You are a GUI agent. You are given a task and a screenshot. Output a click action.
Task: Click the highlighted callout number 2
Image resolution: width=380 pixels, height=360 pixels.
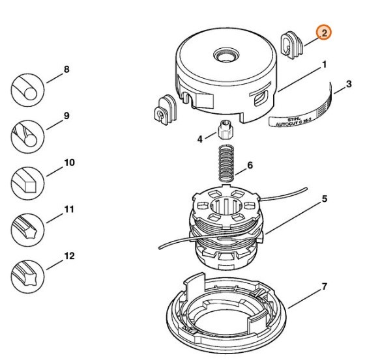pos(324,33)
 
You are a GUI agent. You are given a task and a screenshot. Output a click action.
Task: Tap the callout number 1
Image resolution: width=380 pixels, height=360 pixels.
pos(324,65)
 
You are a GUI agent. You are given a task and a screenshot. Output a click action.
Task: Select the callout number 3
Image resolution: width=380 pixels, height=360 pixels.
pos(349,84)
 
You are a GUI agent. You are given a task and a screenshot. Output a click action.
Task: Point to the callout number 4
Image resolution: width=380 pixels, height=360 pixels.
pos(201,138)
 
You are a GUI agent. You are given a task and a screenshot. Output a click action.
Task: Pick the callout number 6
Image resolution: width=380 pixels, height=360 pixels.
pos(248,167)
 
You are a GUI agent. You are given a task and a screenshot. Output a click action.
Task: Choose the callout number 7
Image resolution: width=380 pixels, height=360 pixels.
pos(324,286)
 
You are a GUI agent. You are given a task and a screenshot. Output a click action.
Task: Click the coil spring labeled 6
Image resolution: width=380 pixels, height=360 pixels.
pos(225,166)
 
